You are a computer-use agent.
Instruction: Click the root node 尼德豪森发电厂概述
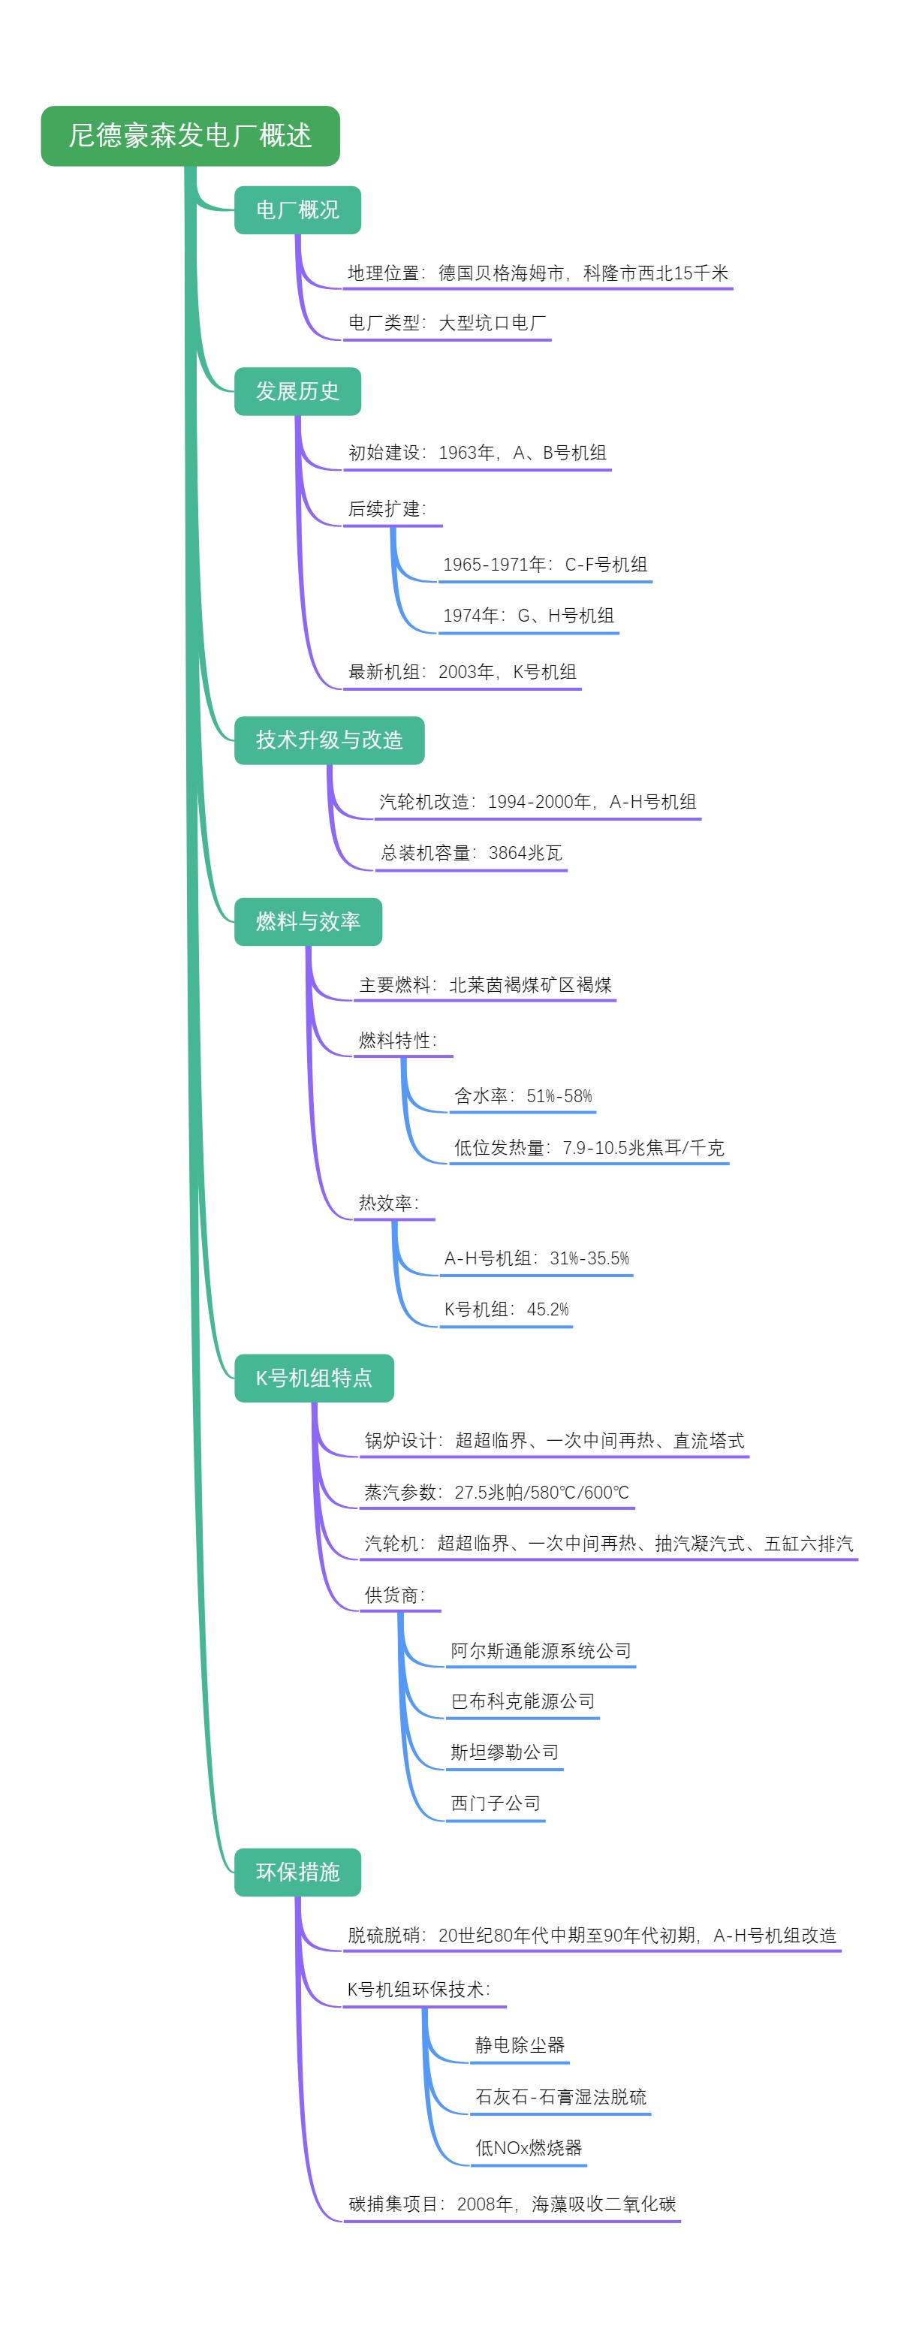[x=190, y=136]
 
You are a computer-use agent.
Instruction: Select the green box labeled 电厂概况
[x=297, y=209]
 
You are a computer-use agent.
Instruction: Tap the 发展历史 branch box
[x=297, y=391]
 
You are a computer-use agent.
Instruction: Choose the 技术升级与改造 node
[x=329, y=740]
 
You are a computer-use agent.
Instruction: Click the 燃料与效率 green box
[x=307, y=922]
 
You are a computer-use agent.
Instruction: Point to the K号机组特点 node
[x=314, y=1378]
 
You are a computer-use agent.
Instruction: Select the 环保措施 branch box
[x=297, y=1873]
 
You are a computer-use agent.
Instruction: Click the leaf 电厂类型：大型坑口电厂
[x=447, y=323]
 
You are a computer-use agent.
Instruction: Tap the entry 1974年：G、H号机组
[x=528, y=616]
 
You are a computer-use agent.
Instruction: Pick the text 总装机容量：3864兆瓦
[x=471, y=853]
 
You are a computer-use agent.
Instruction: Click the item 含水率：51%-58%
[x=523, y=1095]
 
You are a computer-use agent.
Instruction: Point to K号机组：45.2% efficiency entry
[x=506, y=1309]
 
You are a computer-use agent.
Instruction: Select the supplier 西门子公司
[x=496, y=1803]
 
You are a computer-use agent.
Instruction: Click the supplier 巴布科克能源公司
[x=523, y=1701]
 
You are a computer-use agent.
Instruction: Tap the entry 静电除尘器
[x=520, y=2045]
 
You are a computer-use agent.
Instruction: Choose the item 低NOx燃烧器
[x=529, y=2148]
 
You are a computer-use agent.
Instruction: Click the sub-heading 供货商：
[x=395, y=1595]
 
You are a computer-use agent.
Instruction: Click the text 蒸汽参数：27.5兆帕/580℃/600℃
[x=496, y=1493]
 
